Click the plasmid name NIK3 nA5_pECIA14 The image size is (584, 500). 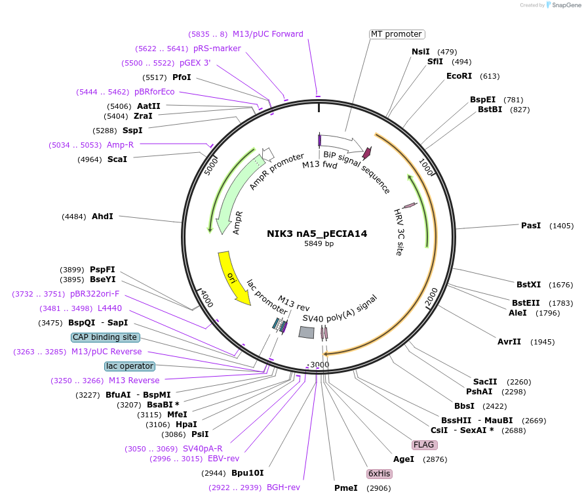[317, 233]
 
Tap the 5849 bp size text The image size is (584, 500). [319, 243]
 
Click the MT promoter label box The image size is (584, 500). [396, 34]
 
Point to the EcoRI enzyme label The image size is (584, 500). [459, 76]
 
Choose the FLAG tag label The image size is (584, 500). [424, 445]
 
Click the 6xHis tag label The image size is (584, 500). [379, 474]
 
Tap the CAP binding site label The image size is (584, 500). [105, 337]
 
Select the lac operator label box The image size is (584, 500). [129, 366]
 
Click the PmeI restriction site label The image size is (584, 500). [346, 488]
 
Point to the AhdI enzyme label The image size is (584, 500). [102, 217]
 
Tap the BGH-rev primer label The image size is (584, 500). [283, 488]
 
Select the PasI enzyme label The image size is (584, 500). [530, 226]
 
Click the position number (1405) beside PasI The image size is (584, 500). [561, 226]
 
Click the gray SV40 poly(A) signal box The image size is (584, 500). [306, 333]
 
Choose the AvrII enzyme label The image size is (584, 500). [509, 342]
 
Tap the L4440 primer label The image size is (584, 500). [109, 308]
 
